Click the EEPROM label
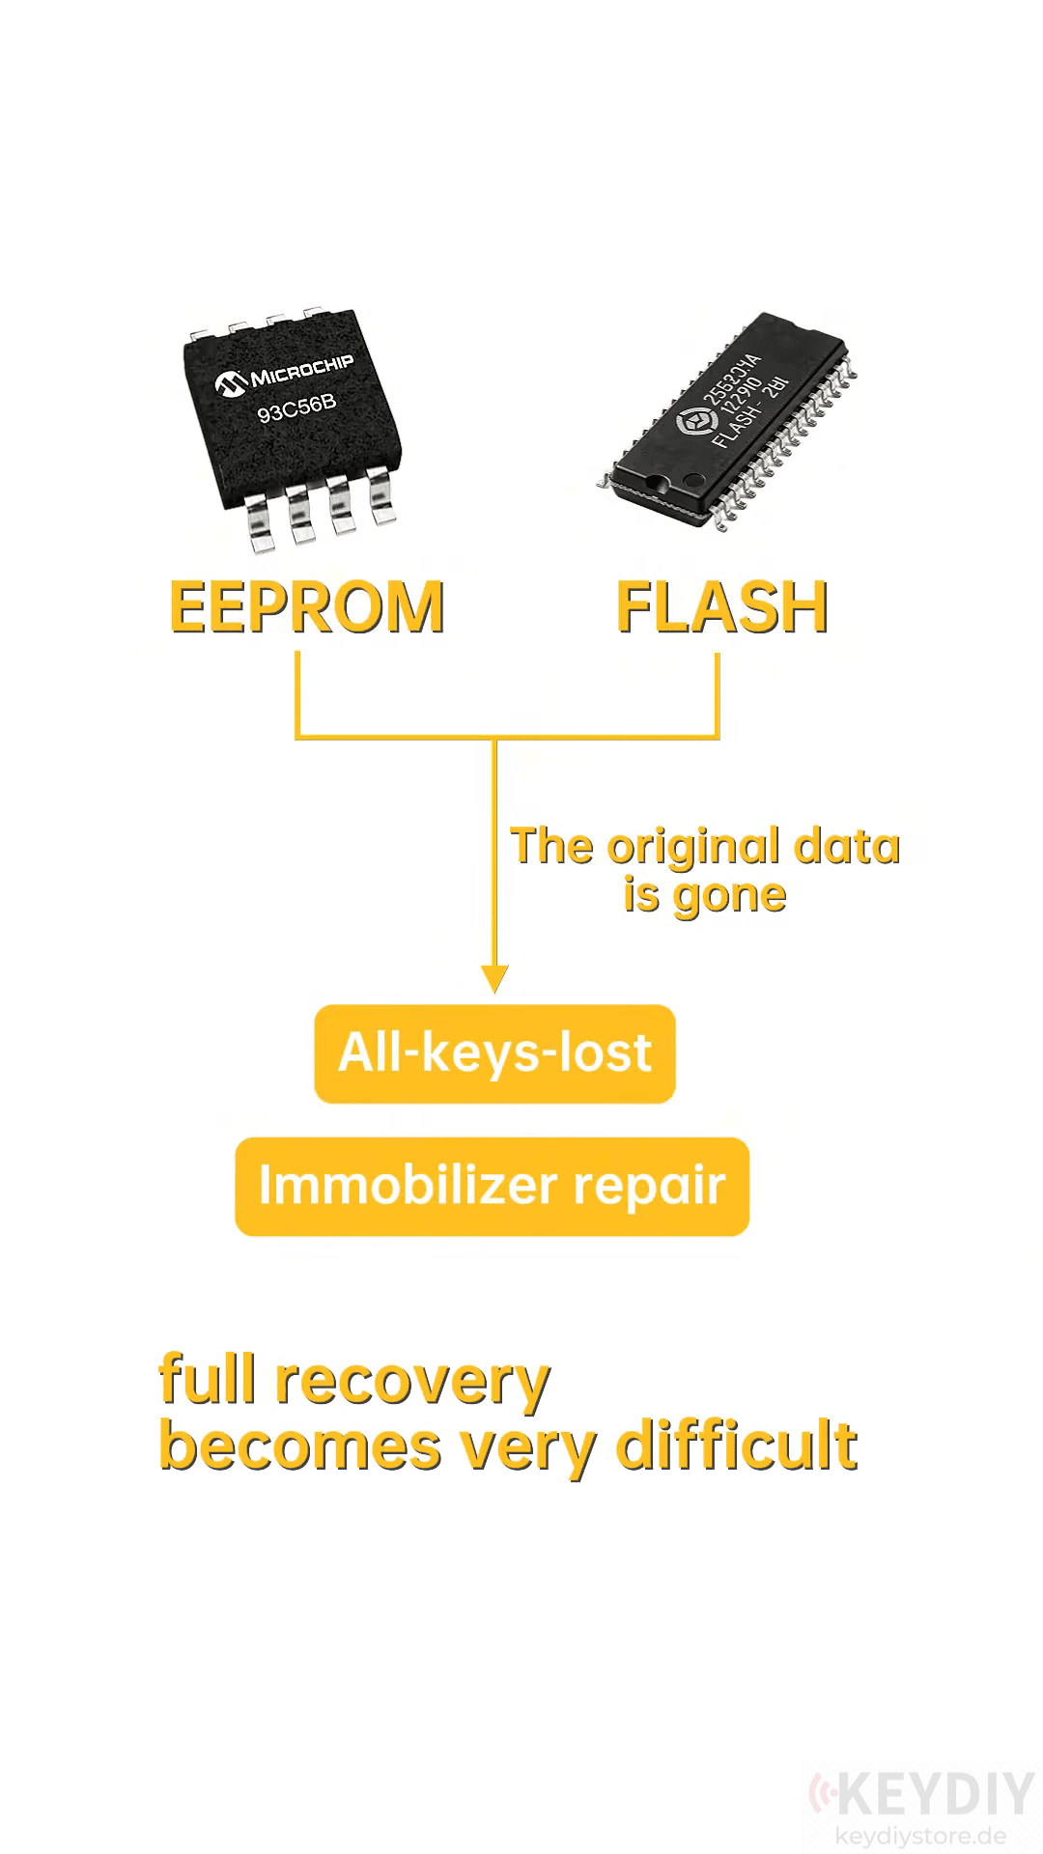pyautogui.click(x=307, y=606)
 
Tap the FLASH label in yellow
pyautogui.click(x=722, y=606)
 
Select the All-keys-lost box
pyautogui.click(x=494, y=1053)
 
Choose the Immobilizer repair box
pyautogui.click(x=493, y=1186)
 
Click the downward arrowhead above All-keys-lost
pyautogui.click(x=494, y=978)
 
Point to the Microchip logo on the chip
pyautogui.click(x=284, y=376)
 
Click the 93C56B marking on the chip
pyautogui.click(x=296, y=409)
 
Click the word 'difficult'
pyautogui.click(x=737, y=1445)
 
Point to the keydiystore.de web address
pyautogui.click(x=919, y=1836)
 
